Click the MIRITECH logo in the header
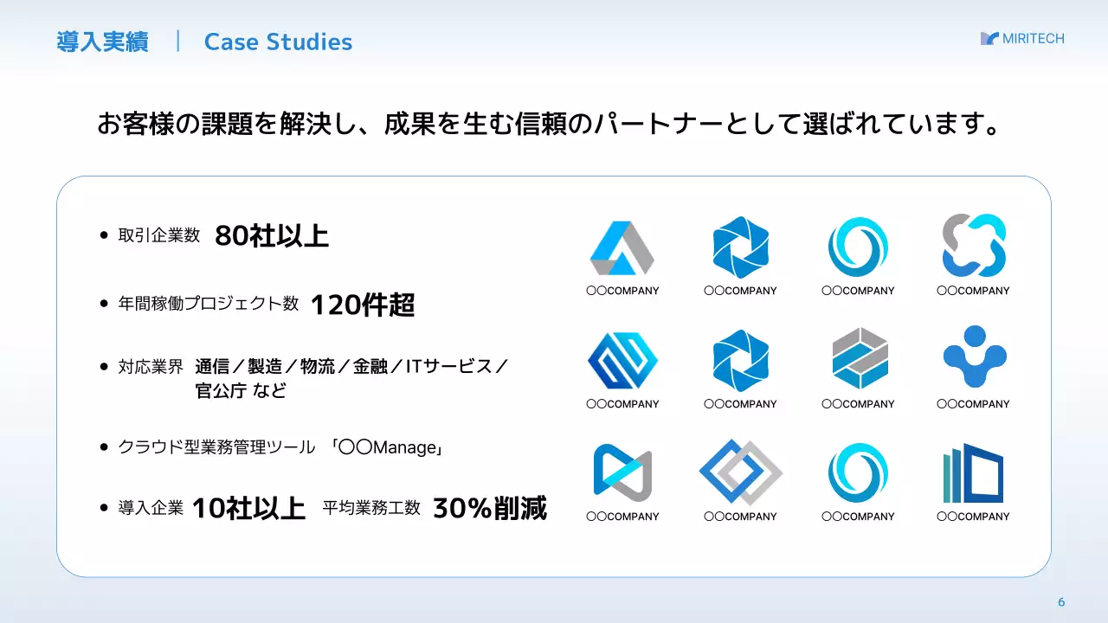[1022, 39]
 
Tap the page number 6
[1061, 602]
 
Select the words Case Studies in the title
[278, 42]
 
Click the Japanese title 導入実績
[102, 42]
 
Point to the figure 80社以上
[272, 235]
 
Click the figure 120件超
[363, 305]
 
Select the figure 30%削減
[490, 509]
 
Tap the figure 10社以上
[248, 509]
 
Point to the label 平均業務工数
[371, 508]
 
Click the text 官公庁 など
[241, 390]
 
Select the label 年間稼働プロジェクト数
[209, 304]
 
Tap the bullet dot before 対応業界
[104, 367]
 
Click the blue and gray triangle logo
[622, 247]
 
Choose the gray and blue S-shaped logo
[974, 245]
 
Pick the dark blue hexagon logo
[622, 360]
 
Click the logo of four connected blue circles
[974, 356]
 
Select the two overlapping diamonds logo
[740, 472]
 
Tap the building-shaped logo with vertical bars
[973, 473]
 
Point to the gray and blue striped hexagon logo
[859, 358]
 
